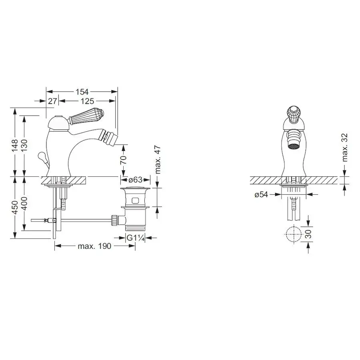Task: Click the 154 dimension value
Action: [82, 92]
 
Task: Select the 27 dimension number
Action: [52, 101]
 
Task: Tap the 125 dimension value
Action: [87, 101]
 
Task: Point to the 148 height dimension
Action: [15, 145]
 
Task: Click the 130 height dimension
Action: [24, 145]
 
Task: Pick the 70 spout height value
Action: [123, 160]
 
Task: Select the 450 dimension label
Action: [15, 207]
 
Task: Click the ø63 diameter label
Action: [135, 180]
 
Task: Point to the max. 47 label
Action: [158, 160]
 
